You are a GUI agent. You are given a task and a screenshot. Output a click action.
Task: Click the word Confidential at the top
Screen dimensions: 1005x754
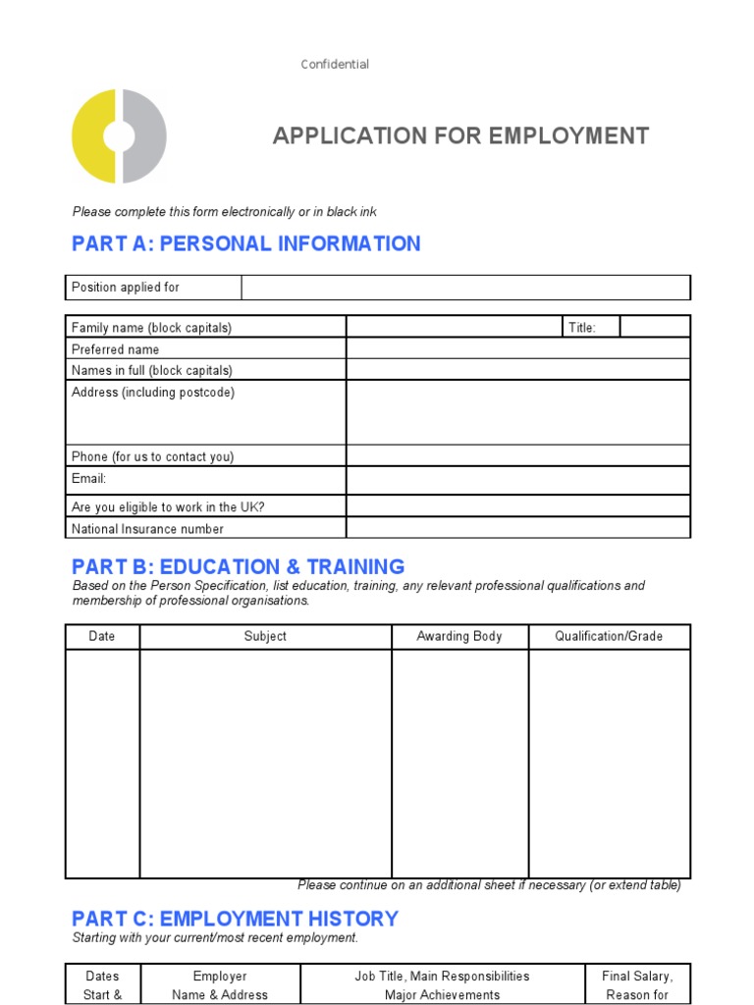[335, 65]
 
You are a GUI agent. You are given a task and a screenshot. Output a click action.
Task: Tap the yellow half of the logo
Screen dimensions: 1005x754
[93, 135]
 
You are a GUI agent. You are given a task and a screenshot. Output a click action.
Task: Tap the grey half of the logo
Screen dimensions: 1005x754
[144, 135]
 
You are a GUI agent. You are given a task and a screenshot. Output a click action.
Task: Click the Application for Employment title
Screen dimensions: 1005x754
[460, 135]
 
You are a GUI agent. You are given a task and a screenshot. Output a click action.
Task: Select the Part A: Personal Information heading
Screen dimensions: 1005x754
[246, 243]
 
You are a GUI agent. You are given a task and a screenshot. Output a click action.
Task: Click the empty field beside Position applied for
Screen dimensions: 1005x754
[465, 288]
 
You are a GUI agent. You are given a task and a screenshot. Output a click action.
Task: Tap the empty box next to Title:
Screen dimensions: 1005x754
[655, 327]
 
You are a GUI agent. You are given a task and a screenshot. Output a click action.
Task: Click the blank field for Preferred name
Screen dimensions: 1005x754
[517, 348]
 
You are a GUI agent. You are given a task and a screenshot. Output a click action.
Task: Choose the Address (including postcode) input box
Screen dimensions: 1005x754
[517, 412]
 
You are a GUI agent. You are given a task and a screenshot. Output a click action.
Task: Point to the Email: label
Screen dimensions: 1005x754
[88, 479]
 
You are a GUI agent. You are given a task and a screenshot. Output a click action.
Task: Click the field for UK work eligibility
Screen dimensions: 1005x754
[517, 506]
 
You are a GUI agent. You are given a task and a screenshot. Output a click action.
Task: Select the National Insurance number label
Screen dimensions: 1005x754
[147, 529]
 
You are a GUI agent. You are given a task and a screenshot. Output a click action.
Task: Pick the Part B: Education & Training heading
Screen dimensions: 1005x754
[238, 566]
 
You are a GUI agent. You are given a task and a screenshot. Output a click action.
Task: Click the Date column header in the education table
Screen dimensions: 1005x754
[102, 636]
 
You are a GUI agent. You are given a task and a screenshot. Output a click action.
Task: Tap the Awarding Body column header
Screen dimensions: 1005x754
[459, 636]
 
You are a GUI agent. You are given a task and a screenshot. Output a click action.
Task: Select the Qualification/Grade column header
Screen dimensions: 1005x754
[609, 636]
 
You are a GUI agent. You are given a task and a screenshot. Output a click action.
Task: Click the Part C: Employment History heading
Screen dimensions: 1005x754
[235, 919]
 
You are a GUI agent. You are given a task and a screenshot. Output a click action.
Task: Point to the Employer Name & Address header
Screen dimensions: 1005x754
[220, 985]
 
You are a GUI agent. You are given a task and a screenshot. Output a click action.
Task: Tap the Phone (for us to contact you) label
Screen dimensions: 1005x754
[152, 456]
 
